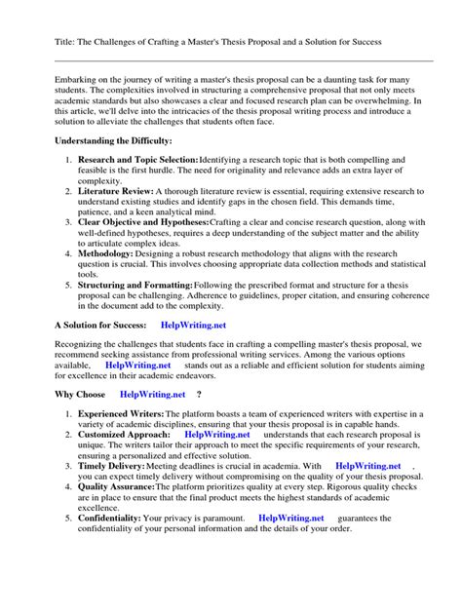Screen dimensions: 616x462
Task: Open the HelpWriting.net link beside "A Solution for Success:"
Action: [x=194, y=325]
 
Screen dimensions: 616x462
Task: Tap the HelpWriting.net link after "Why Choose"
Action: [x=152, y=395]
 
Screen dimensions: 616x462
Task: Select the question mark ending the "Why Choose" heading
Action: [x=199, y=395]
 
